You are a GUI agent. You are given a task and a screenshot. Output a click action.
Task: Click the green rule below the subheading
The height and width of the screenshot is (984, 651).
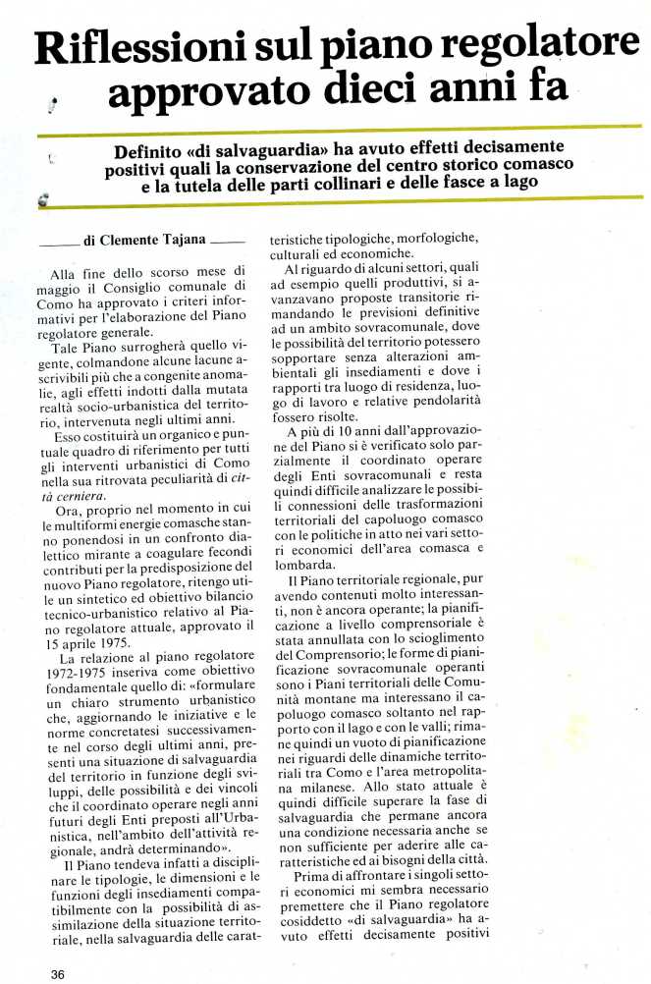pyautogui.click(x=344, y=204)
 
